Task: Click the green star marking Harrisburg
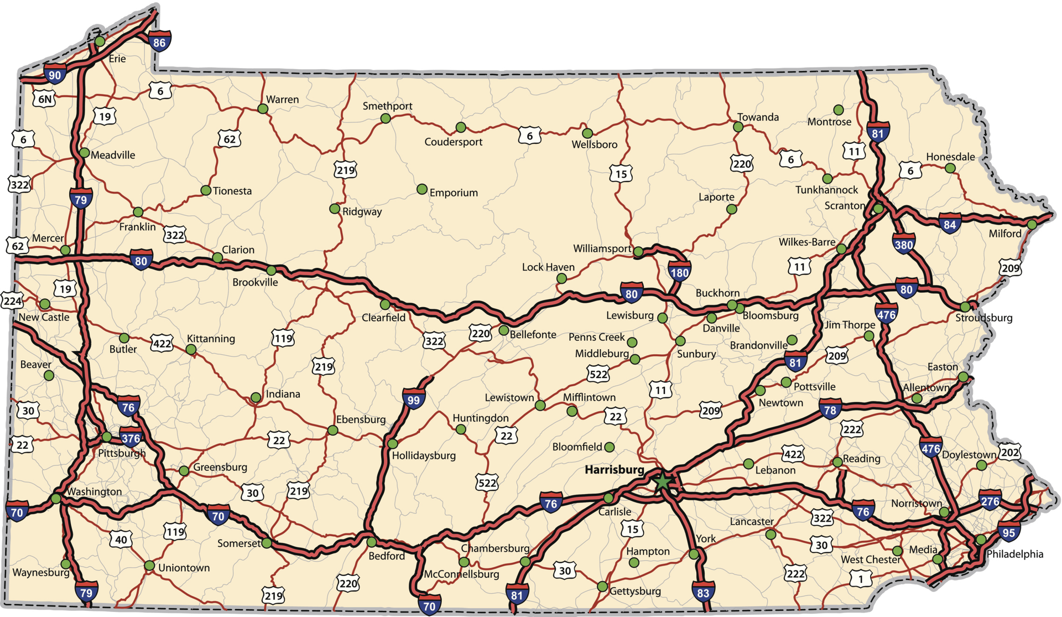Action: pyautogui.click(x=662, y=481)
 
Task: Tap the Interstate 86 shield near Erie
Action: pyautogui.click(x=159, y=42)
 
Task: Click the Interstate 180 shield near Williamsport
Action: pyautogui.click(x=679, y=272)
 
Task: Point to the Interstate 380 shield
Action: pyautogui.click(x=903, y=244)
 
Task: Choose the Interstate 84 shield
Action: pyautogui.click(x=949, y=224)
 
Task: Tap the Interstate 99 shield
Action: pyautogui.click(x=413, y=399)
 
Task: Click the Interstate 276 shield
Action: pyautogui.click(x=990, y=501)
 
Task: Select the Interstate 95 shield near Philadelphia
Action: pyautogui.click(x=1009, y=532)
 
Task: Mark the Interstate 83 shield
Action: pyautogui.click(x=702, y=592)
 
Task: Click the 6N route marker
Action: pyautogui.click(x=45, y=99)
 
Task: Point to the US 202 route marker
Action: pyautogui.click(x=1009, y=452)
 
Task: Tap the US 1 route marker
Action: pyautogui.click(x=861, y=579)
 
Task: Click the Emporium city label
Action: pyautogui.click(x=454, y=193)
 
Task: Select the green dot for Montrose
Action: pyautogui.click(x=839, y=110)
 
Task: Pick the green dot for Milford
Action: pyautogui.click(x=1032, y=224)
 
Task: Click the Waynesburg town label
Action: pyautogui.click(x=41, y=572)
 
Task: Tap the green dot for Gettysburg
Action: pyautogui.click(x=602, y=586)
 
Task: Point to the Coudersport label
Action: pyautogui.click(x=453, y=142)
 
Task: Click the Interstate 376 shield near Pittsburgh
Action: pyautogui.click(x=131, y=438)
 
